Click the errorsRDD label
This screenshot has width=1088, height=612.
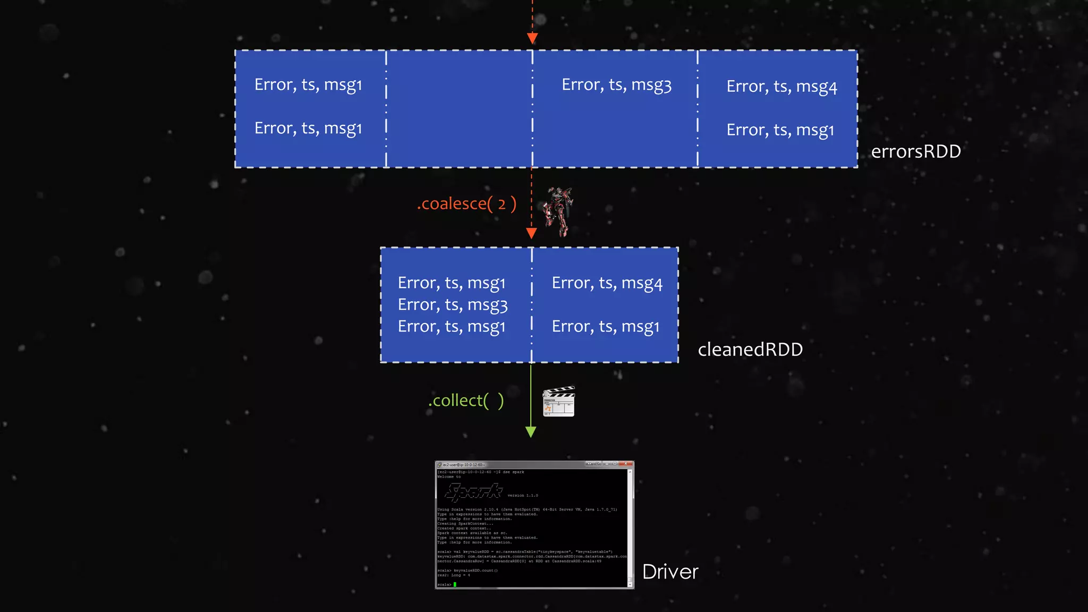tap(916, 151)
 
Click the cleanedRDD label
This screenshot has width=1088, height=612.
tap(750, 350)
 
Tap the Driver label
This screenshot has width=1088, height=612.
tap(670, 572)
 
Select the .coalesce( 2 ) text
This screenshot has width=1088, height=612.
tap(466, 203)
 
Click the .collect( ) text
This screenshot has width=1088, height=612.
tap(466, 401)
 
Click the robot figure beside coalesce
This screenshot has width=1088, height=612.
tap(558, 211)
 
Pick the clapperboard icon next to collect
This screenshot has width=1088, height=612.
tap(558, 402)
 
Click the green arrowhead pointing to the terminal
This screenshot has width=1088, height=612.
tap(530, 431)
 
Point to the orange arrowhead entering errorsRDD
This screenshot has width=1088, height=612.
tap(532, 38)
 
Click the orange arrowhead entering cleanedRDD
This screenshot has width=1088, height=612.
tap(531, 233)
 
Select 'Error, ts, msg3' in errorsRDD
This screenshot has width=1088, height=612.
tap(616, 85)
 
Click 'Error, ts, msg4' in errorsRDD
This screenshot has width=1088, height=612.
tap(781, 87)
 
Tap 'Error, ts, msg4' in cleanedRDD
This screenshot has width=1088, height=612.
tap(607, 283)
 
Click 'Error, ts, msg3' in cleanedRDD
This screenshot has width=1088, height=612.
tap(453, 305)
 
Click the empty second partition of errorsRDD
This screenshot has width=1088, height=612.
tap(459, 109)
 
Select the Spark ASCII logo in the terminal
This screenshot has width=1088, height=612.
tap(474, 492)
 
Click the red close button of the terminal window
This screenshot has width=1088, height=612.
tap(627, 464)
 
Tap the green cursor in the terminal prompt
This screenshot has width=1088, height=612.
tap(455, 584)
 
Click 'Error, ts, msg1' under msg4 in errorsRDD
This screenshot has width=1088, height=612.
tap(780, 130)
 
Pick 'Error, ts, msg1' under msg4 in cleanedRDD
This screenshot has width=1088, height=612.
tap(605, 327)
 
